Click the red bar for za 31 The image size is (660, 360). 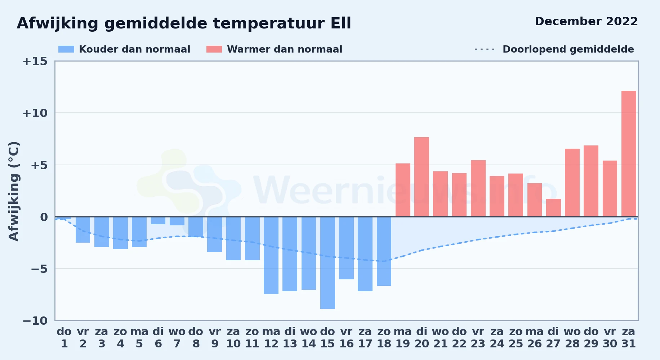coord(629,154)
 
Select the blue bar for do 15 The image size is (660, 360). coord(327,263)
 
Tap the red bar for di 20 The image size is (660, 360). coord(422,177)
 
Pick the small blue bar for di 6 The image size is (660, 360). coord(158,221)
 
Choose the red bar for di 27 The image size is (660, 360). coord(553,208)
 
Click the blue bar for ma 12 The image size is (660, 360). coord(271,255)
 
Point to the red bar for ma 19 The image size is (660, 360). coord(403,190)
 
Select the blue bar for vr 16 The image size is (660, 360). coord(346,248)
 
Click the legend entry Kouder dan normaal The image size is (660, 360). coord(124,49)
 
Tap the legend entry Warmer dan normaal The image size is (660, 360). coord(274,49)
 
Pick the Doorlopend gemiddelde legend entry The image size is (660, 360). coord(554,49)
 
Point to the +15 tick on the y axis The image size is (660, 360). coord(35,61)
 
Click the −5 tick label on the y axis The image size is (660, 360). coord(35,269)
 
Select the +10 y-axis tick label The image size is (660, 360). coord(35,113)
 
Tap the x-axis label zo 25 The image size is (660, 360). coord(516,338)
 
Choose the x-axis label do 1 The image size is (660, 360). coord(64,338)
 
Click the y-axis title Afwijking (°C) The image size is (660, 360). coord(14,191)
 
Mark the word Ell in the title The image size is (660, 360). coord(341,23)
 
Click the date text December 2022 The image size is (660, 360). coord(586,21)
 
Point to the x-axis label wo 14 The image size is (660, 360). coord(309,338)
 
